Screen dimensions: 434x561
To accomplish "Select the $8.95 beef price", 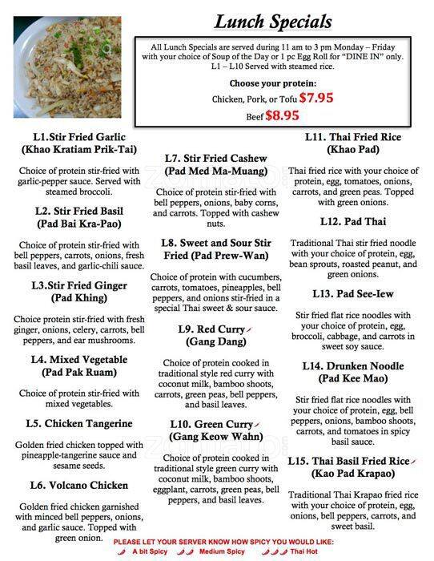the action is [x=282, y=115].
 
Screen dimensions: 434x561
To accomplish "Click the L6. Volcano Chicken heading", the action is [x=78, y=485].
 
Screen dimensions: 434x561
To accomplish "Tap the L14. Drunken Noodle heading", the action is [x=352, y=366].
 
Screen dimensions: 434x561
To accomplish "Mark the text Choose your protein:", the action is [x=272, y=83].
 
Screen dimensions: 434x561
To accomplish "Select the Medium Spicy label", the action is [x=222, y=552].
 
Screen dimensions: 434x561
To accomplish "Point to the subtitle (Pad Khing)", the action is [x=79, y=297].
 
